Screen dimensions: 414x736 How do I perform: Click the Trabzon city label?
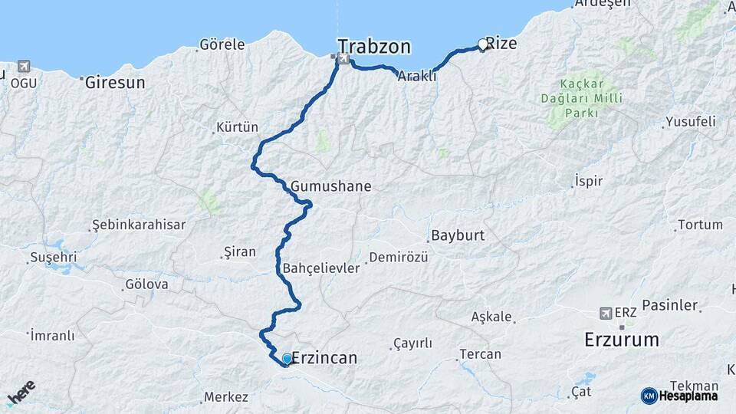(374, 46)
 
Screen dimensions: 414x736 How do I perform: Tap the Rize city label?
(502, 44)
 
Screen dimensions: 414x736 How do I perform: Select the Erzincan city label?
(325, 358)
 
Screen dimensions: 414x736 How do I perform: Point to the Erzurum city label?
(621, 338)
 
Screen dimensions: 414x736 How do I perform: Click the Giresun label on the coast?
(115, 82)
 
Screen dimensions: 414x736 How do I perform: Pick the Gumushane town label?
(330, 186)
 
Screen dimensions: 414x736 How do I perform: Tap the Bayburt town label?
(458, 235)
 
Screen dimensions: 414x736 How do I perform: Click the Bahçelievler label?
(321, 268)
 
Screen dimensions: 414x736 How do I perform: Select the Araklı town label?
(416, 76)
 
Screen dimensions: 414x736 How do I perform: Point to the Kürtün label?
(237, 127)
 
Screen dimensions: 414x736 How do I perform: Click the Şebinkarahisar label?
(138, 225)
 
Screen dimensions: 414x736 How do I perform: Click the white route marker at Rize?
(483, 44)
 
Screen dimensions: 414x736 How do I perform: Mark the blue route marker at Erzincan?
(287, 359)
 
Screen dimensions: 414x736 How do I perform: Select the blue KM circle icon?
(649, 396)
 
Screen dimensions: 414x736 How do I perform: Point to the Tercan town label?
(480, 354)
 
